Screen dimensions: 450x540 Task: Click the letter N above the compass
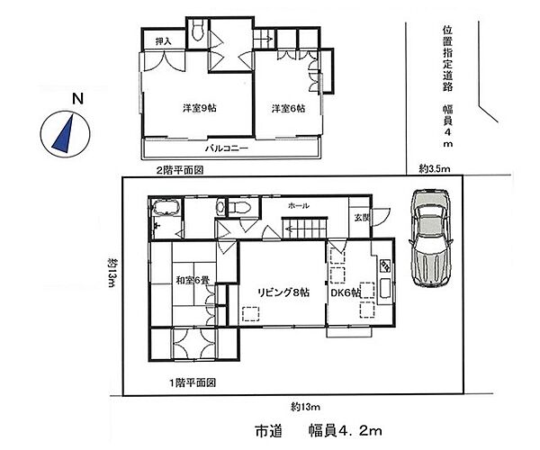(x=78, y=99)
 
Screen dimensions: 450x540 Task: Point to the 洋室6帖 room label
(x=288, y=109)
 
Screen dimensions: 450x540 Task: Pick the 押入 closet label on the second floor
(x=163, y=41)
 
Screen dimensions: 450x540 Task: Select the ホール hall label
(x=298, y=206)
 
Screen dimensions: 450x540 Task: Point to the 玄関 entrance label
(x=361, y=217)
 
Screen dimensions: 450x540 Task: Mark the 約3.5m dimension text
(x=435, y=169)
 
